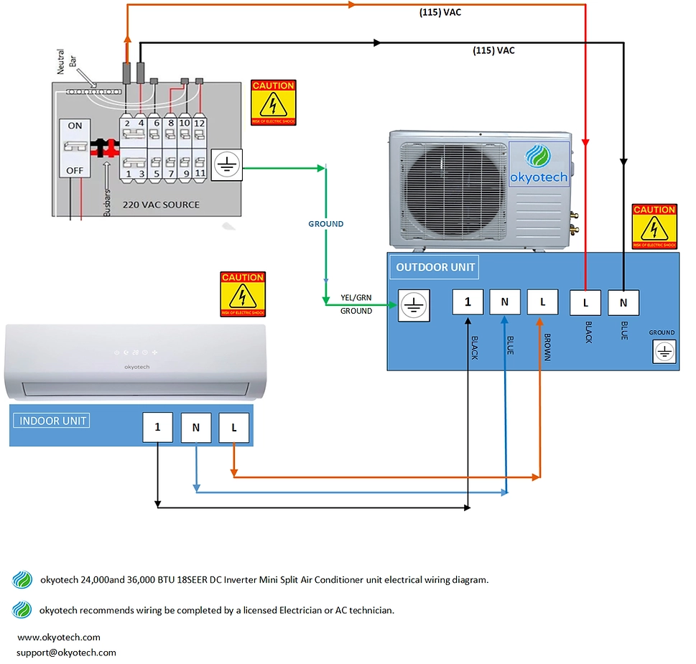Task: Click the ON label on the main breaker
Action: tap(75, 126)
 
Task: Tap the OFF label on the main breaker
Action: tap(75, 171)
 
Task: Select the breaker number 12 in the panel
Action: tap(200, 123)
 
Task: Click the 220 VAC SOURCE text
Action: tap(161, 205)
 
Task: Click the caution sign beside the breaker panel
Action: tap(274, 102)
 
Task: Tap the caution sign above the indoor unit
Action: tap(243, 294)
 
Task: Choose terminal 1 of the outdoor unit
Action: tap(468, 302)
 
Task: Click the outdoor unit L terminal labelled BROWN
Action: tap(542, 302)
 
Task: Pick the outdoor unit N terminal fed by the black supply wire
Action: tap(623, 302)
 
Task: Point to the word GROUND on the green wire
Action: tap(326, 224)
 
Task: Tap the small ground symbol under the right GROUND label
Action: tap(664, 352)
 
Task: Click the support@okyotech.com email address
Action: tap(66, 653)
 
